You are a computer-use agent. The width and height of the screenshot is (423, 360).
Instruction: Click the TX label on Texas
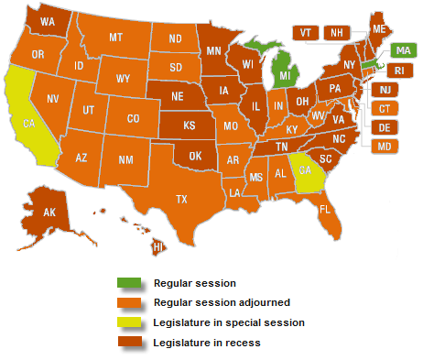point(181,199)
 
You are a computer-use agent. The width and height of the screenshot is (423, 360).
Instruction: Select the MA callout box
point(400,50)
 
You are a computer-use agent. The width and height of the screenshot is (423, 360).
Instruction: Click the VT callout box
point(305,32)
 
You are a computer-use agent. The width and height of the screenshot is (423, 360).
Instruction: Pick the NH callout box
point(336,32)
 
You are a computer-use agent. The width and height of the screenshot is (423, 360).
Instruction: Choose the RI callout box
point(396,71)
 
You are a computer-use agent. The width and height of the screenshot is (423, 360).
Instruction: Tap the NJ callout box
point(385,90)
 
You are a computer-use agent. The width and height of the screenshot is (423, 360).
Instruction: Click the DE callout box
point(385,127)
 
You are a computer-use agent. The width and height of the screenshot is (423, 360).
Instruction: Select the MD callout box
point(385,147)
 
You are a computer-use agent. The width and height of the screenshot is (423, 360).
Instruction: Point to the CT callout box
point(385,109)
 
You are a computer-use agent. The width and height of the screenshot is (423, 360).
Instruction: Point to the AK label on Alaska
point(51,213)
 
